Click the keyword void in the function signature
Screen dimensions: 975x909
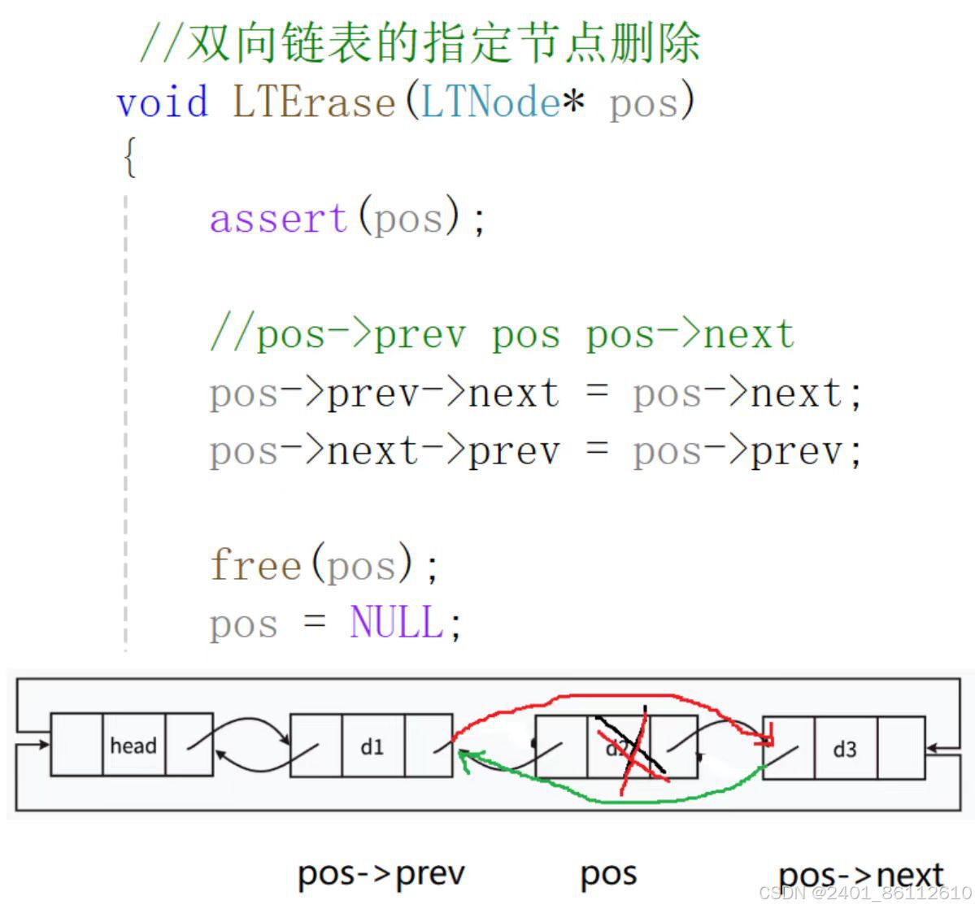coord(163,103)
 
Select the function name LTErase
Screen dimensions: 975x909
coord(314,103)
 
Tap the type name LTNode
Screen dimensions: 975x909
coord(490,103)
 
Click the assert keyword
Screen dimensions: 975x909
coord(279,219)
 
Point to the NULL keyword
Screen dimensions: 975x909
coord(397,624)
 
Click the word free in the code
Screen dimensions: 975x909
coord(255,565)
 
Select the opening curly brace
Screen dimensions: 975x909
coord(129,157)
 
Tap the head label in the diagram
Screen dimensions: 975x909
coord(133,746)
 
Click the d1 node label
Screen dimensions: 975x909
coord(372,746)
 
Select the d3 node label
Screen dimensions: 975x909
coord(845,749)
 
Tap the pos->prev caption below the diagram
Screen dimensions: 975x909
coord(381,874)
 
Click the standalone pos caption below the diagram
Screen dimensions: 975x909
coord(608,874)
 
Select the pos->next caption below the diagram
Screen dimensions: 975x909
coord(860,876)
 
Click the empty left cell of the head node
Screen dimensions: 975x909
coord(77,745)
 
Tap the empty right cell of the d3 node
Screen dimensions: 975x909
coord(901,748)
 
